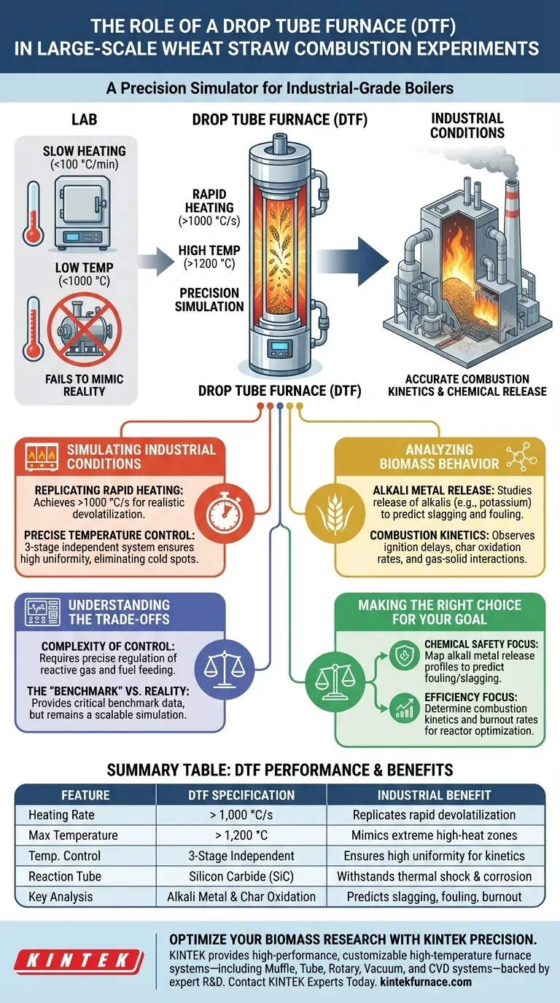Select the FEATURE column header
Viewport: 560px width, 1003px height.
click(86, 795)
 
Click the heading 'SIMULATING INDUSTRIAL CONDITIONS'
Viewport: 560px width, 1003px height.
click(141, 456)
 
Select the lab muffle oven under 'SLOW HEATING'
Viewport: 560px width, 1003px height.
click(86, 204)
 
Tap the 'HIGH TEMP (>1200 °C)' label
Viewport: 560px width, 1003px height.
click(209, 257)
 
